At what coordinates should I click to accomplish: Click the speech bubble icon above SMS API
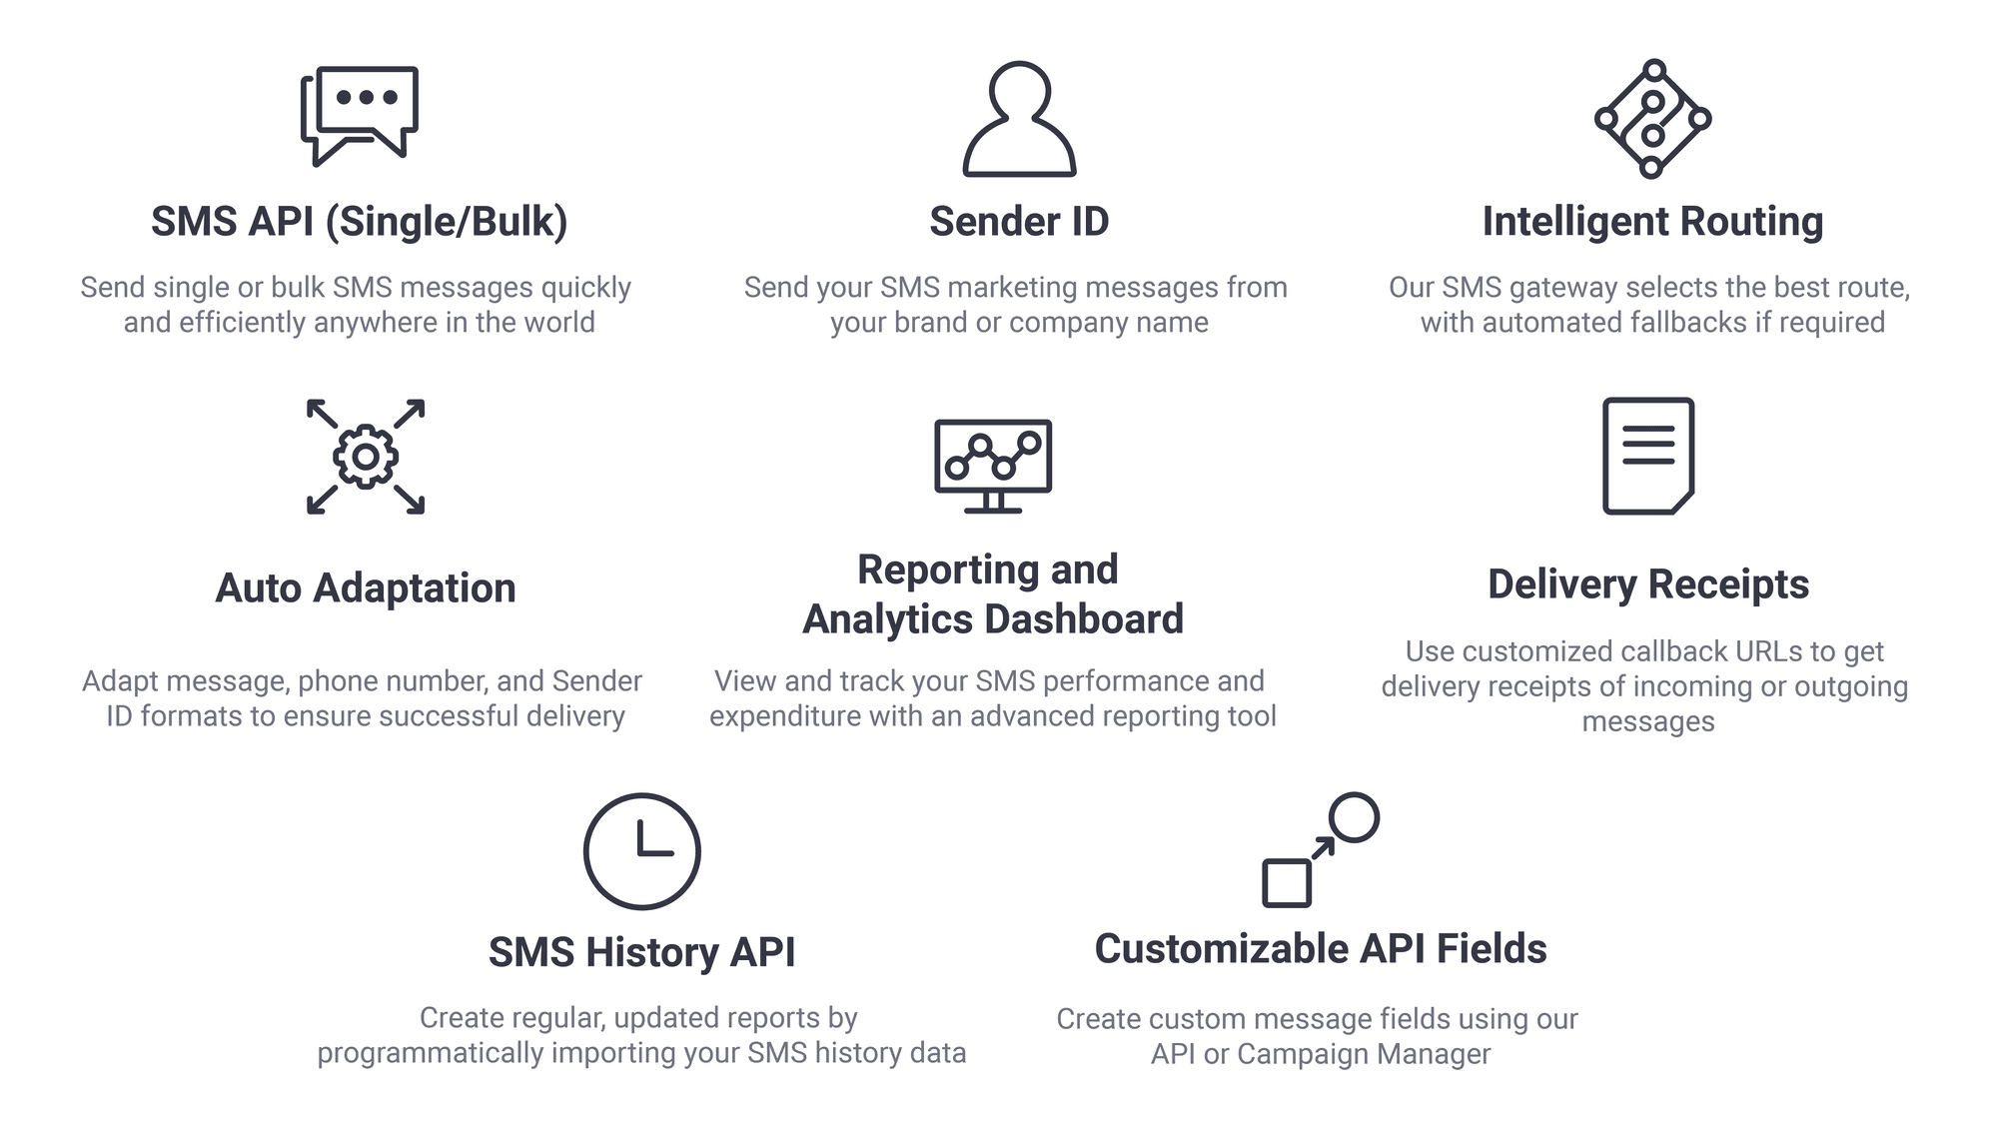coord(360,112)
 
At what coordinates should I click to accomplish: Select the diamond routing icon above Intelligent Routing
coord(1652,119)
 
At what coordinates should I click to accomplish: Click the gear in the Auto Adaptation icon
coord(366,457)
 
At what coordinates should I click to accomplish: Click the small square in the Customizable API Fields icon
coord(1287,883)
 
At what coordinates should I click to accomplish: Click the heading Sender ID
coord(1019,222)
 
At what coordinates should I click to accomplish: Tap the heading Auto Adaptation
coord(366,588)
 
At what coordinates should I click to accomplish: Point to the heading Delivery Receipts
coord(1648,584)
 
